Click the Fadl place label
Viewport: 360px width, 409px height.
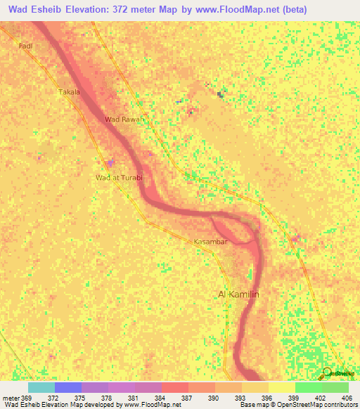coord(26,46)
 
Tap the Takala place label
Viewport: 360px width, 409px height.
coord(69,92)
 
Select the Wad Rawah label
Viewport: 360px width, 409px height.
coord(124,119)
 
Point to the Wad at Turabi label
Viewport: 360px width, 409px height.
coord(119,178)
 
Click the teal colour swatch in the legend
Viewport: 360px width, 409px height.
coord(41,387)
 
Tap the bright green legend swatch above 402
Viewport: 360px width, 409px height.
coord(308,387)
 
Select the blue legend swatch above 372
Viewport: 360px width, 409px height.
coord(67,387)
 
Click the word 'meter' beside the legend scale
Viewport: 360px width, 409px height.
coord(10,397)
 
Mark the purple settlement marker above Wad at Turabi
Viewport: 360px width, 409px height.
coord(109,164)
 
